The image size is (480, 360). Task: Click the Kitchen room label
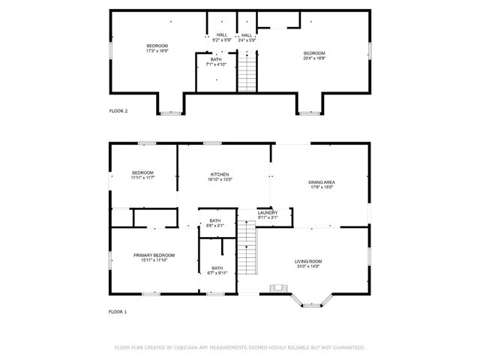click(220, 174)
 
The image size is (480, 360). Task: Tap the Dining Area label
click(321, 182)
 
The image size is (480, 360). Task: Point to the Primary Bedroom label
click(154, 255)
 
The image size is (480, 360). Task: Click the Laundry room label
click(268, 212)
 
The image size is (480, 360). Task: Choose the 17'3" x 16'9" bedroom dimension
click(157, 51)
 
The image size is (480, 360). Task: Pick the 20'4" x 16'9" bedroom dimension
click(314, 57)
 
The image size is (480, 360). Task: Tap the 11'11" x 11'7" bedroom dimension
click(142, 178)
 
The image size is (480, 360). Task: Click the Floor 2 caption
click(118, 110)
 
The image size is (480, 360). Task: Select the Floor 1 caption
click(118, 311)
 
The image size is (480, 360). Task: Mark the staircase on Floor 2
click(247, 72)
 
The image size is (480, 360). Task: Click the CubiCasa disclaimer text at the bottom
click(239, 347)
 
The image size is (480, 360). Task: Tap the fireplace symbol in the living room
click(279, 289)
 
